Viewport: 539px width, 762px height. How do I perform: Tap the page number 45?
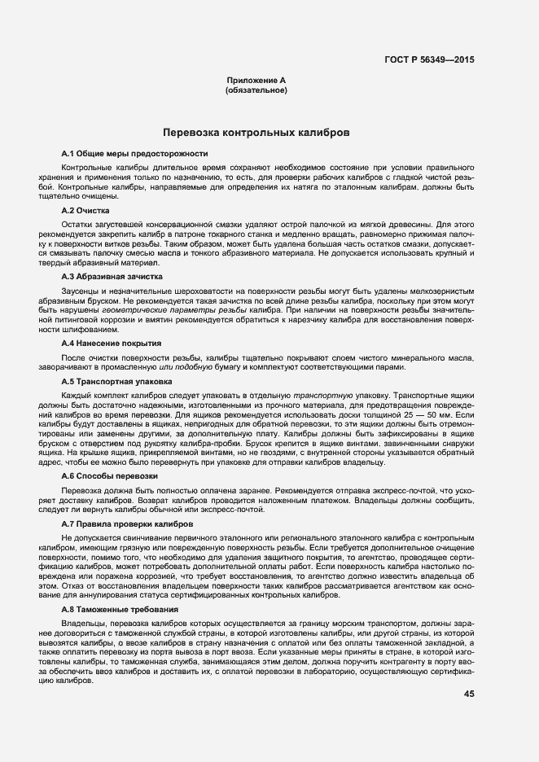468,694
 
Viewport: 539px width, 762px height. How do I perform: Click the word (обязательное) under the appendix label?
256,90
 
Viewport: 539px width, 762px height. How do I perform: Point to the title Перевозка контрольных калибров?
256,132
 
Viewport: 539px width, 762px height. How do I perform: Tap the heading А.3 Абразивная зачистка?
112,277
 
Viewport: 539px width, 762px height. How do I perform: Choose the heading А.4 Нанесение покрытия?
112,344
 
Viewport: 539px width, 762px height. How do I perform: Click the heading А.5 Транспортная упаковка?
116,380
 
